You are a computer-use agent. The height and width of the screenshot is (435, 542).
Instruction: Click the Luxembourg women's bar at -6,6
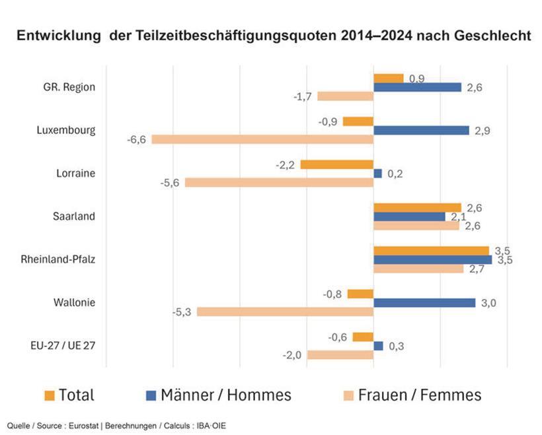pyautogui.click(x=262, y=139)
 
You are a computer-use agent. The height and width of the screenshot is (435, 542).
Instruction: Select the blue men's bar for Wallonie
pyautogui.click(x=424, y=302)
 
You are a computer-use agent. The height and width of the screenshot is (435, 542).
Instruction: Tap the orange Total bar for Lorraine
pyautogui.click(x=336, y=164)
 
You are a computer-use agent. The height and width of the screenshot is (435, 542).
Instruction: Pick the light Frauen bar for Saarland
pyautogui.click(x=416, y=226)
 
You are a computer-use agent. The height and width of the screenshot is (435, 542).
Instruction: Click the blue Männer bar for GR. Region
pyautogui.click(x=417, y=87)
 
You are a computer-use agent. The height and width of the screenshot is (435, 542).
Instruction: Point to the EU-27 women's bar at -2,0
pyautogui.click(x=340, y=355)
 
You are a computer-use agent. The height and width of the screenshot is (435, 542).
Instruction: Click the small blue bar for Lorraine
pyautogui.click(x=377, y=174)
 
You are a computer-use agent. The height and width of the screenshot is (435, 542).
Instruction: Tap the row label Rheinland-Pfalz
pyautogui.click(x=58, y=259)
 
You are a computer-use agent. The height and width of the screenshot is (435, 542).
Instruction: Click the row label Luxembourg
pyautogui.click(x=66, y=130)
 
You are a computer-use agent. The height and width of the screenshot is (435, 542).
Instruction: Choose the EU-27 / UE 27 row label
pyautogui.click(x=61, y=345)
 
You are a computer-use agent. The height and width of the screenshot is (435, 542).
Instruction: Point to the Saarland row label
pyautogui.click(x=73, y=216)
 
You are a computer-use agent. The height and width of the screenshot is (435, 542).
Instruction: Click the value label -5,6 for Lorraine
pyautogui.click(x=170, y=183)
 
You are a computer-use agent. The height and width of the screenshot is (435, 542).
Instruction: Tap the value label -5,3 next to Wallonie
pyautogui.click(x=182, y=312)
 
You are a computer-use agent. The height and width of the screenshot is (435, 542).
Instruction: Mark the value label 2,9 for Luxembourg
pyautogui.click(x=482, y=131)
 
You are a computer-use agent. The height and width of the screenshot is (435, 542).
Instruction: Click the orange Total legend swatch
pyautogui.click(x=50, y=395)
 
